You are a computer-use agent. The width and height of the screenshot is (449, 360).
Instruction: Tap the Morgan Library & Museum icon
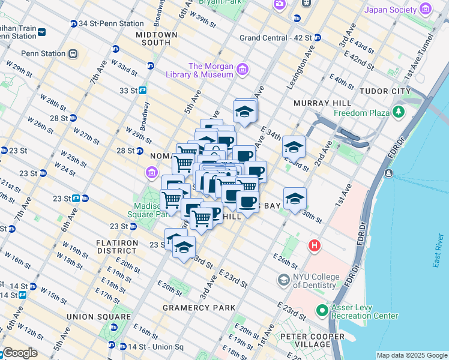[x=243, y=70]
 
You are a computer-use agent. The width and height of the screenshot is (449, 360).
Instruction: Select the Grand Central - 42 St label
[x=276, y=37]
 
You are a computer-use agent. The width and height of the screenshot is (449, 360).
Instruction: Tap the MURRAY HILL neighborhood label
[x=317, y=103]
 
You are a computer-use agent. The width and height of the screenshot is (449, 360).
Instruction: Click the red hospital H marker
[x=314, y=245]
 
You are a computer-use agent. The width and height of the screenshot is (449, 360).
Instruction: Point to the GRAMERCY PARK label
[x=199, y=308]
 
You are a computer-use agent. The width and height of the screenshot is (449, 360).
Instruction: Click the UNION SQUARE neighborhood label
[x=98, y=317]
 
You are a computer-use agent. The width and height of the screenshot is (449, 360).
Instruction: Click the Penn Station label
[x=44, y=53]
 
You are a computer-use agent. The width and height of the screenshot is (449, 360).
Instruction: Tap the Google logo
[x=20, y=353]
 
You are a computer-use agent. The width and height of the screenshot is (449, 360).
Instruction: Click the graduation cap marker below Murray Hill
[x=294, y=146]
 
